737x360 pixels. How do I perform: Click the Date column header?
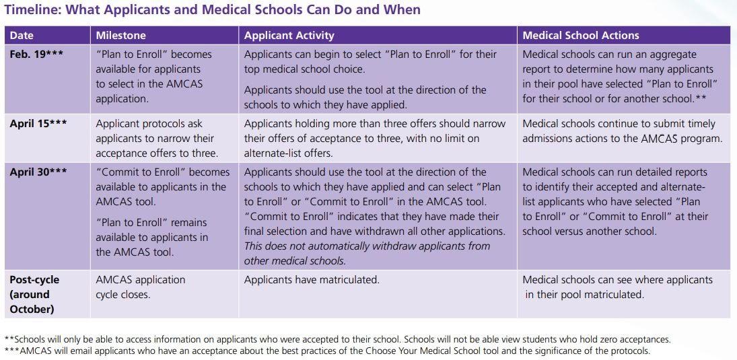22,36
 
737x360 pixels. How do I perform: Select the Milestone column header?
120,36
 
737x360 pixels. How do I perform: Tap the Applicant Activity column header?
289,36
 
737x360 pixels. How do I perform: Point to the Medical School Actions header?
580,36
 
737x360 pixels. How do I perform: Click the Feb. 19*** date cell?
36,55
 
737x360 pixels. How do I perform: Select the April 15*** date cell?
38,124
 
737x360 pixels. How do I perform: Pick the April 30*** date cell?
38,172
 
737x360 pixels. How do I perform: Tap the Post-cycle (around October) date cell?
34,294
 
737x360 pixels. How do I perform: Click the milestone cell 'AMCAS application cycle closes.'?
140,287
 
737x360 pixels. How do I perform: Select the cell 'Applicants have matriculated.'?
312,280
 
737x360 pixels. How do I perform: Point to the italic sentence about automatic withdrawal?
367,253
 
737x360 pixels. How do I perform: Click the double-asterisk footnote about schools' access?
337,340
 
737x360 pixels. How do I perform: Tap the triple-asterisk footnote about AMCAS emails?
326,351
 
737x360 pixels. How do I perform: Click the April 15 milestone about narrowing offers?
155,138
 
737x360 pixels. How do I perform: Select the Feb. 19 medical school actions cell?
620,76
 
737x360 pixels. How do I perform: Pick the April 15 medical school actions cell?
622,131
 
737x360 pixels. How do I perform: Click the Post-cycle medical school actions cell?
617,287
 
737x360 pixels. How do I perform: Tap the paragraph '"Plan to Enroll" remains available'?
151,237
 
